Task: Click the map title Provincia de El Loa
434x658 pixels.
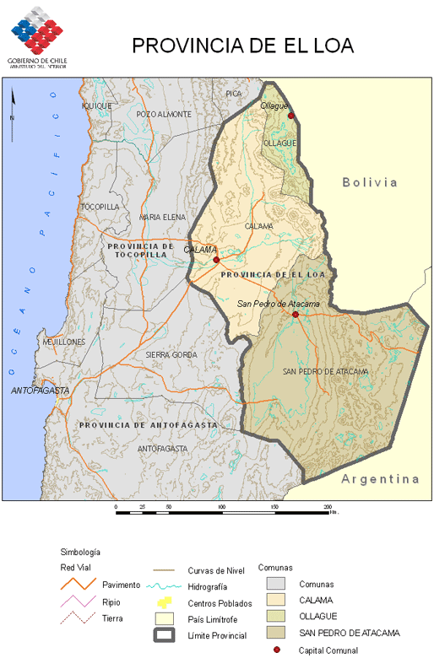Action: pos(242,46)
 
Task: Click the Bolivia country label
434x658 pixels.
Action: pos(370,182)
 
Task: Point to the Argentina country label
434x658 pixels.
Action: pos(380,479)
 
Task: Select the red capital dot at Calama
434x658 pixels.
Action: pos(216,260)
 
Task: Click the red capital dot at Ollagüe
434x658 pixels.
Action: pos(290,116)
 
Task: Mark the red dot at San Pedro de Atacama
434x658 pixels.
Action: pos(296,315)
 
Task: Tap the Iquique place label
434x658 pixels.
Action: pos(97,105)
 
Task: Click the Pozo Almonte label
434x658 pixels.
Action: pos(164,114)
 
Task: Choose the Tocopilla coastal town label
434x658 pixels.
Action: pos(100,207)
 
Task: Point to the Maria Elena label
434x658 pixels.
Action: pos(162,217)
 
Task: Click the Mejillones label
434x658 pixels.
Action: pos(64,342)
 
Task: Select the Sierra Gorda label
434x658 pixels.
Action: pos(171,355)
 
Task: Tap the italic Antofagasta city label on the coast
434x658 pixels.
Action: pos(41,391)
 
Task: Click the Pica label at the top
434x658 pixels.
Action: pos(234,93)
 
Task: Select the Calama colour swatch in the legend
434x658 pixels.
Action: pos(276,600)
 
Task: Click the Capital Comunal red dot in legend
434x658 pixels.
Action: pos(277,650)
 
